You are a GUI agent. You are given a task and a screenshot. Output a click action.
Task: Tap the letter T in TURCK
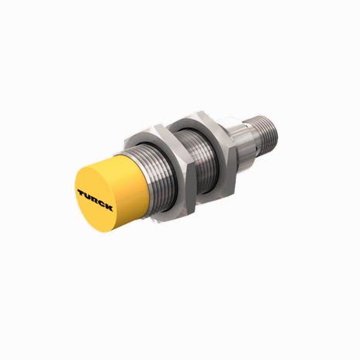[81, 189]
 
